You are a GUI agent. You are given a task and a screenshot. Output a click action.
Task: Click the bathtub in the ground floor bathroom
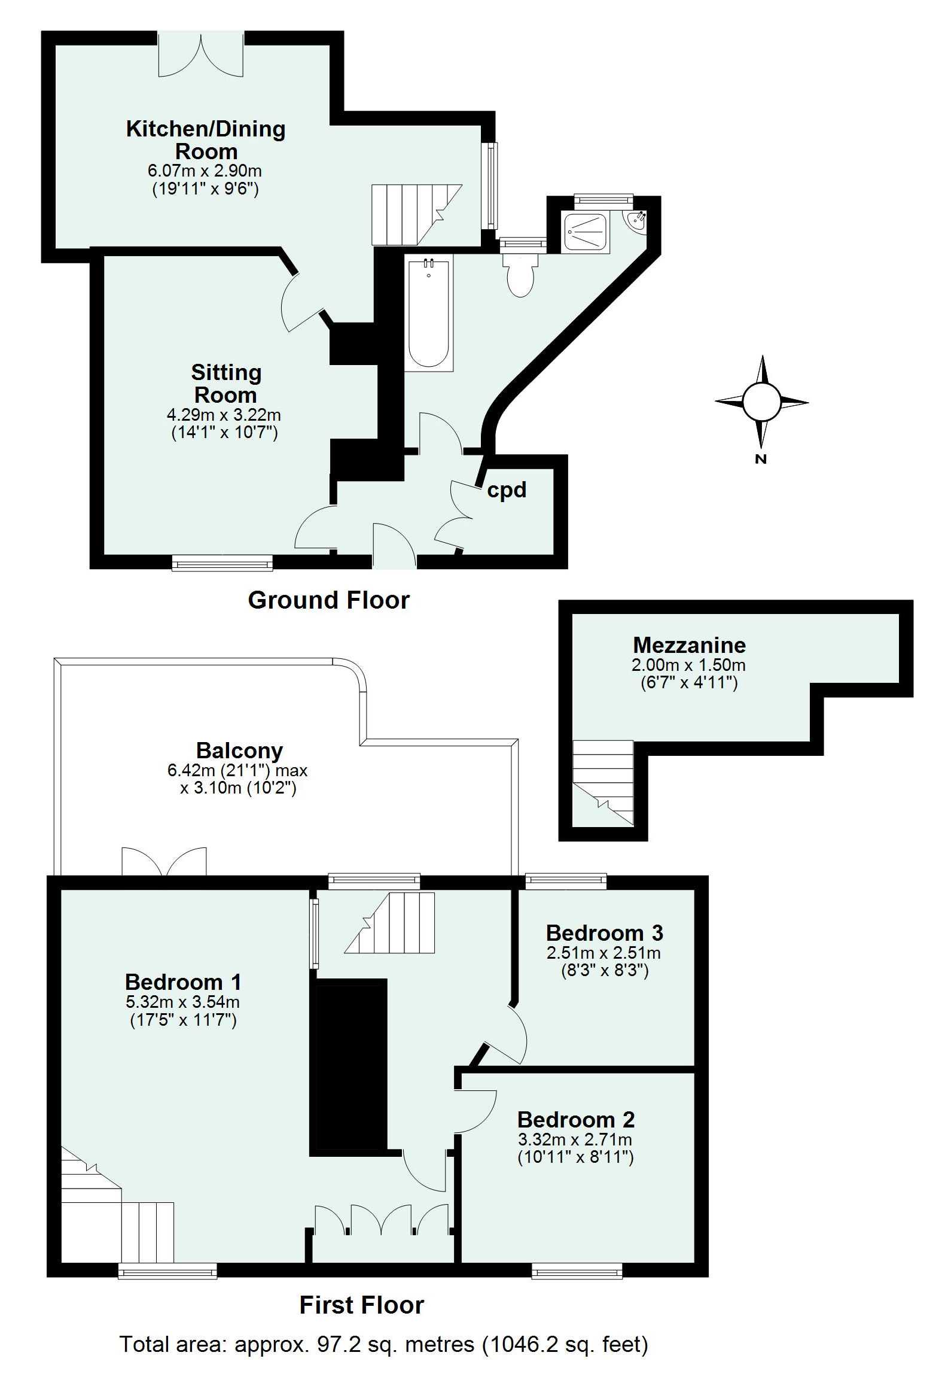click(x=428, y=314)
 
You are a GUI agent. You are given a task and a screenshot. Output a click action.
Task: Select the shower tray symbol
click(x=584, y=232)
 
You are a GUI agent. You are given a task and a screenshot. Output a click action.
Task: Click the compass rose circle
click(x=761, y=402)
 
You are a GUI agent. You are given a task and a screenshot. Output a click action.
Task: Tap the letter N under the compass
click(x=761, y=459)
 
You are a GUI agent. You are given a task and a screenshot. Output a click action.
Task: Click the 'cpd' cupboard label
click(x=507, y=490)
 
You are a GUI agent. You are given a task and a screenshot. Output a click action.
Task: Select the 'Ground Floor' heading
click(x=328, y=600)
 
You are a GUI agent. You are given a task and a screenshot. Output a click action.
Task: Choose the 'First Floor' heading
click(x=361, y=1305)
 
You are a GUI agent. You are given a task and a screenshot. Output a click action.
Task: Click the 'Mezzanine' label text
click(x=690, y=645)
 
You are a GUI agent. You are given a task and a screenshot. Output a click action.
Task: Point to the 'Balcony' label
click(x=239, y=751)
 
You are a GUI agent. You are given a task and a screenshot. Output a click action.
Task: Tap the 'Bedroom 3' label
click(x=604, y=933)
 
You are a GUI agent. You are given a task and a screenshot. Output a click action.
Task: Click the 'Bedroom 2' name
click(x=575, y=1120)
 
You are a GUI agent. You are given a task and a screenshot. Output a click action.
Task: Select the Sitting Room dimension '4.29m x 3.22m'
click(x=224, y=415)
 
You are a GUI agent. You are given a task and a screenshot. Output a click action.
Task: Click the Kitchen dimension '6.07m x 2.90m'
click(x=205, y=171)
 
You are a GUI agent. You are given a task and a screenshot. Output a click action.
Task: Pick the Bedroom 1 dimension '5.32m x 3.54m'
click(x=182, y=1001)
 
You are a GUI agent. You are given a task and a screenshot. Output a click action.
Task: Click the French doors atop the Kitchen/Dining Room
click(x=201, y=55)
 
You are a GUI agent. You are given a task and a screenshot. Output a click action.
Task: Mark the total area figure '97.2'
click(x=339, y=1344)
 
